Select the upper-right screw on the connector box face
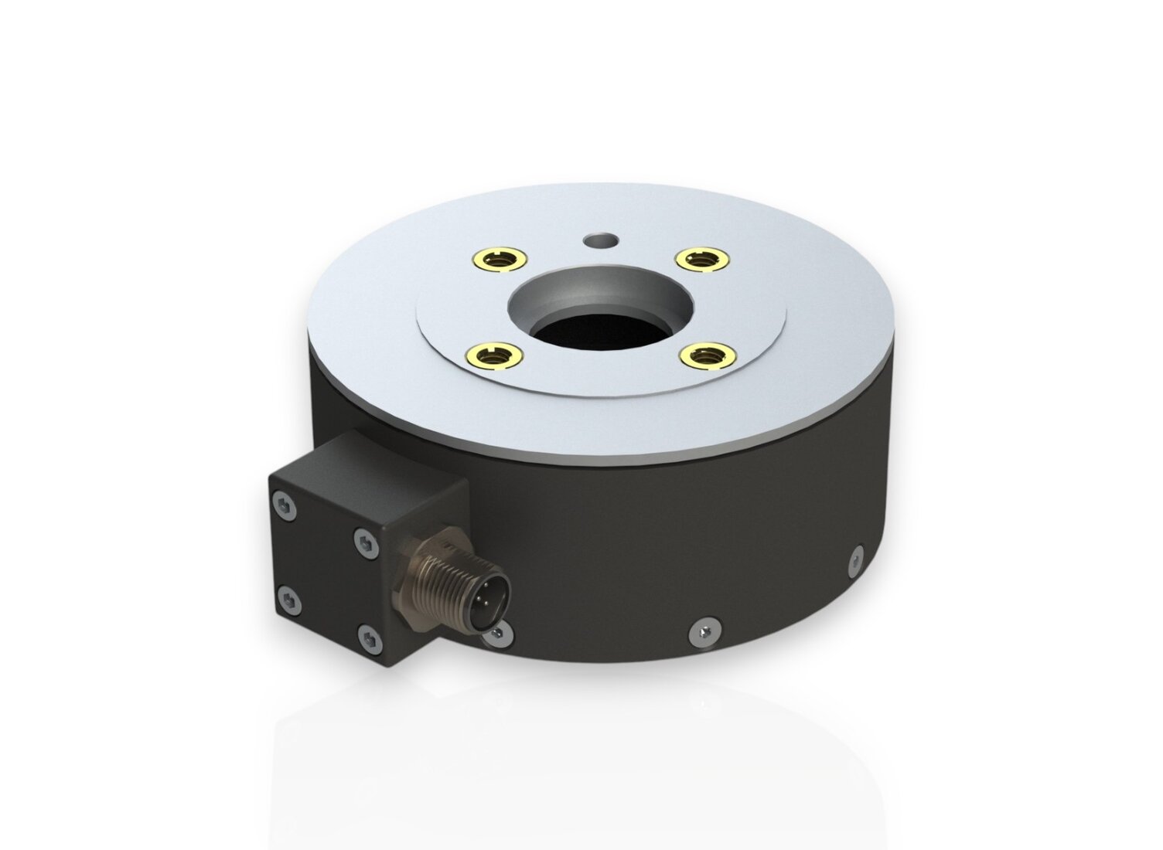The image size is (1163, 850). (364, 543)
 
